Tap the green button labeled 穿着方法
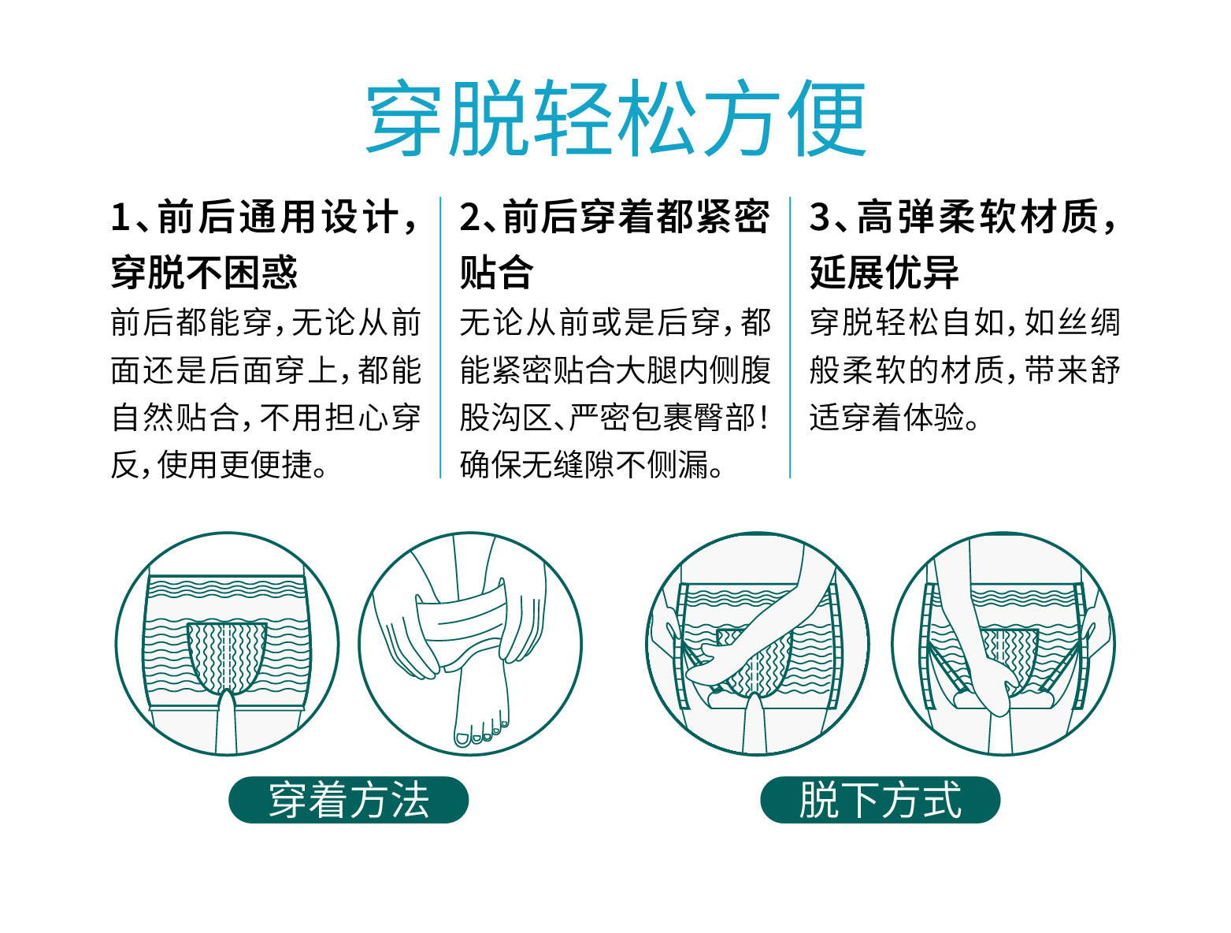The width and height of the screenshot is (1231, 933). pyautogui.click(x=348, y=800)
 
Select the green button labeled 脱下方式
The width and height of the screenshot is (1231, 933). pyautogui.click(x=880, y=800)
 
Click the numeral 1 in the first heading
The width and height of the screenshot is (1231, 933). pyautogui.click(x=120, y=217)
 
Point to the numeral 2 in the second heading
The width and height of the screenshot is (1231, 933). pyautogui.click(x=469, y=217)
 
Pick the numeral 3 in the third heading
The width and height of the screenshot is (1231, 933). pyautogui.click(x=820, y=217)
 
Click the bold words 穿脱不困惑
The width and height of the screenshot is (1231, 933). pyautogui.click(x=204, y=273)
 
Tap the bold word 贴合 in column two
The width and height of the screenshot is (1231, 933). pyautogui.click(x=496, y=273)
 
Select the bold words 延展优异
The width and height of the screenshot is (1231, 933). pyautogui.click(x=884, y=273)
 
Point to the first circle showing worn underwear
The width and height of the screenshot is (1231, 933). pyautogui.click(x=227, y=643)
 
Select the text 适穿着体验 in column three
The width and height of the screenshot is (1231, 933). pyautogui.click(x=894, y=418)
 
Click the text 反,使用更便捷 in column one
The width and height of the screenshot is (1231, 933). pyautogui.click(x=219, y=465)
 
